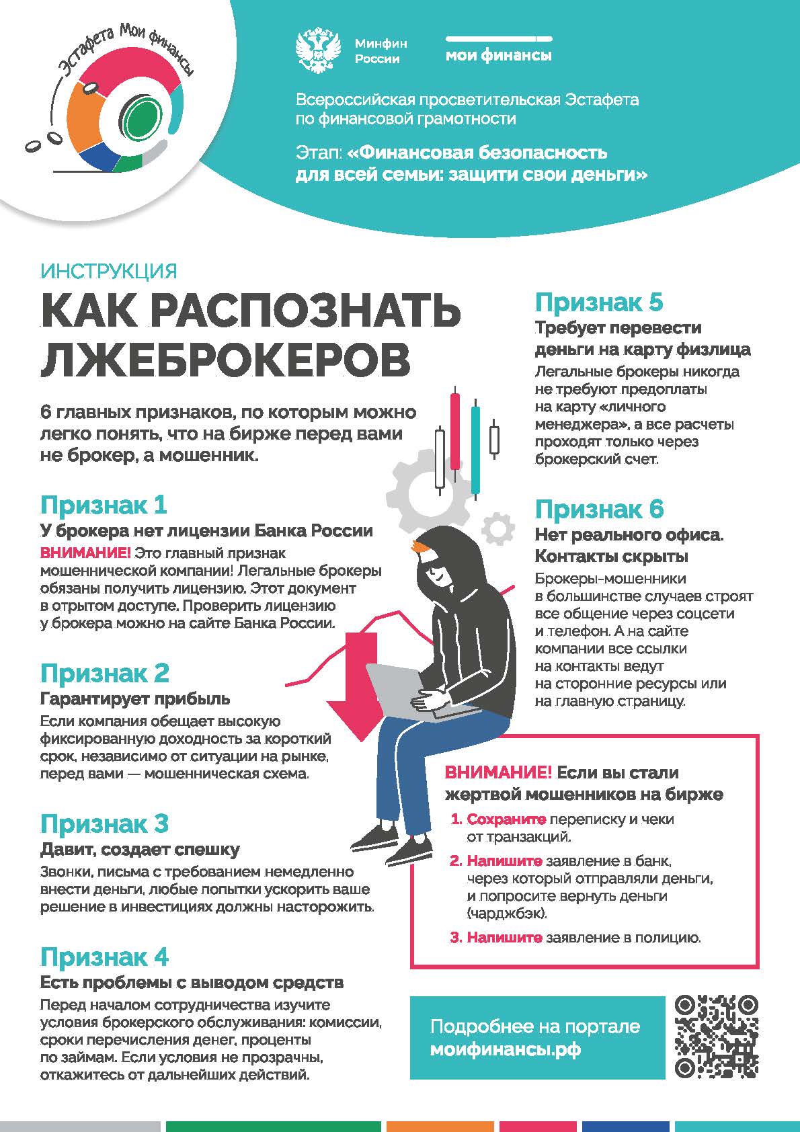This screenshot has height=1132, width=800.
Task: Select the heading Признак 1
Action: pos(104,505)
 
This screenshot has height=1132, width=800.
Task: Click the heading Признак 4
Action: pos(104,957)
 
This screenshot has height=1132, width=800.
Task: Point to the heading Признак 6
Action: pos(599,510)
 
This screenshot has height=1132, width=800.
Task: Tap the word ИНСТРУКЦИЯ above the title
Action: pos(109,272)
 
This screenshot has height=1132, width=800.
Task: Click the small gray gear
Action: pos(497,528)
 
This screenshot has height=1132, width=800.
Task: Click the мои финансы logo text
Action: pos(498,56)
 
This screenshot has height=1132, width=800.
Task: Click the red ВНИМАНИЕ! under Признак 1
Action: pos(85,553)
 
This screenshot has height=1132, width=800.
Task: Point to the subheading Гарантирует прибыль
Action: pos(135,698)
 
